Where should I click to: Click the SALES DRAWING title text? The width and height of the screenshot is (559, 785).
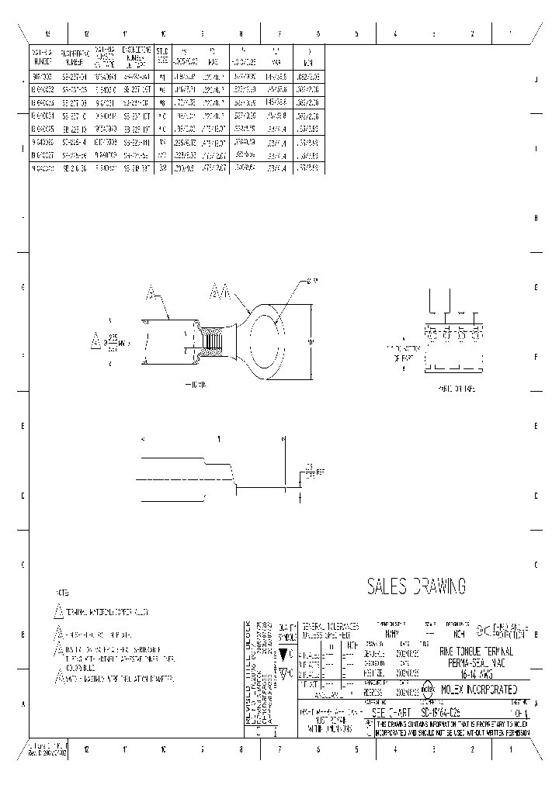click(415, 586)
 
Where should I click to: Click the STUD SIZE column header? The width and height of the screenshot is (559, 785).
click(162, 56)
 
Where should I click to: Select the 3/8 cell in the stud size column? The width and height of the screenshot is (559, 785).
click(162, 167)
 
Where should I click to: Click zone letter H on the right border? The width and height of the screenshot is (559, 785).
click(536, 218)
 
